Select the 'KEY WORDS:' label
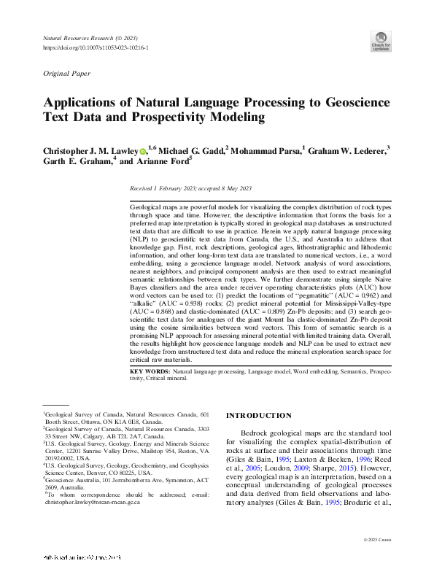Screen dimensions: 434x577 150,372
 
